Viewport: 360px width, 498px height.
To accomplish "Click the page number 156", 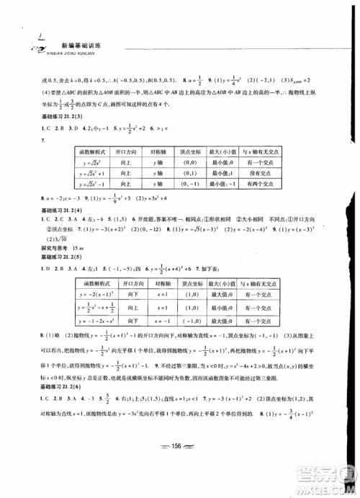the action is pos(180,466).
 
